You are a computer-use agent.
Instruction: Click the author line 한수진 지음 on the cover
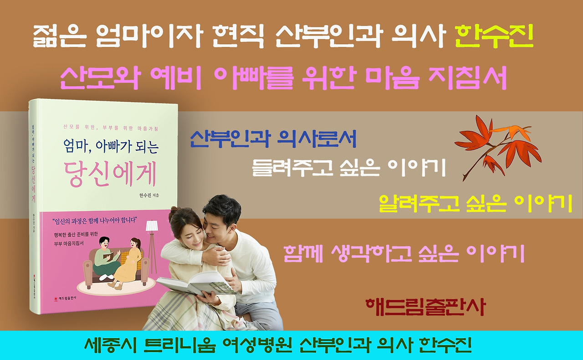(150, 195)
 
